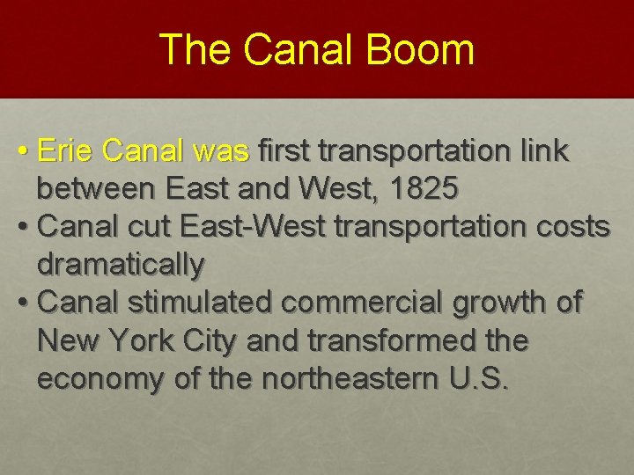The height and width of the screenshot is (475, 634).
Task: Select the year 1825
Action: click(427, 189)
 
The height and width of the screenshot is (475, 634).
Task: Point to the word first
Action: click(285, 151)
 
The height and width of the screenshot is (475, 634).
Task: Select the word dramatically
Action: click(122, 264)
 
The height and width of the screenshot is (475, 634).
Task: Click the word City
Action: click(212, 340)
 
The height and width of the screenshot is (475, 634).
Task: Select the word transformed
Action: click(387, 340)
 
